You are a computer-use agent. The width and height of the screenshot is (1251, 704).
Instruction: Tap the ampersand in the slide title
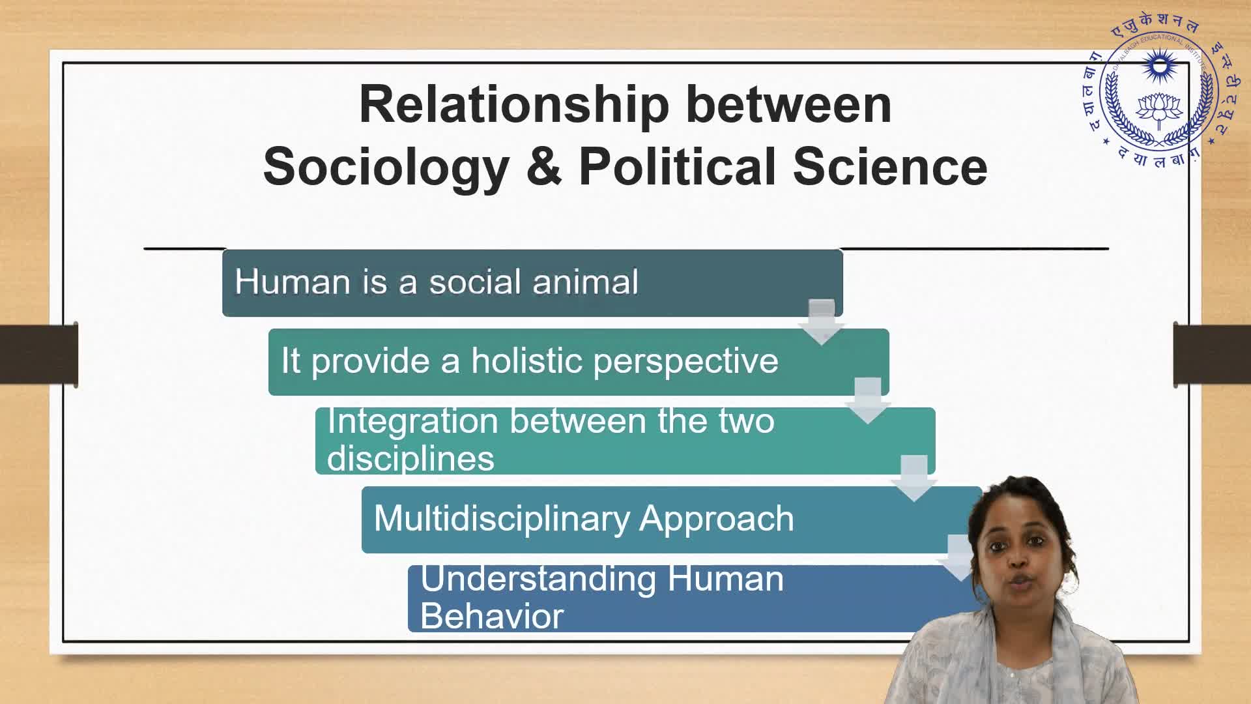[x=544, y=166]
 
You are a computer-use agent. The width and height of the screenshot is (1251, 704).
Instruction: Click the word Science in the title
[x=890, y=166]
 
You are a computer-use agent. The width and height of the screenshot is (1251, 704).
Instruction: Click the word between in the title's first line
[x=788, y=105]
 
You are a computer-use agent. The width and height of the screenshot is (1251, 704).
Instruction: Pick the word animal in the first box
[x=585, y=282]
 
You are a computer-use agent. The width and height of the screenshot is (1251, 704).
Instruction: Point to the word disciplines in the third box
[x=410, y=458]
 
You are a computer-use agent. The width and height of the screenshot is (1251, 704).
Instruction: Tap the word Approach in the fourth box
[x=717, y=520]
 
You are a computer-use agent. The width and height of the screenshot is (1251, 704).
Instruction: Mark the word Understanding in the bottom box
[x=538, y=579]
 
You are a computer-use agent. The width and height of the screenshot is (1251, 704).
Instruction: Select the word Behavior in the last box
[x=492, y=616]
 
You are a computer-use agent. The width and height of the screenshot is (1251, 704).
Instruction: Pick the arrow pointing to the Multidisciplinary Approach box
[x=914, y=478]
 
